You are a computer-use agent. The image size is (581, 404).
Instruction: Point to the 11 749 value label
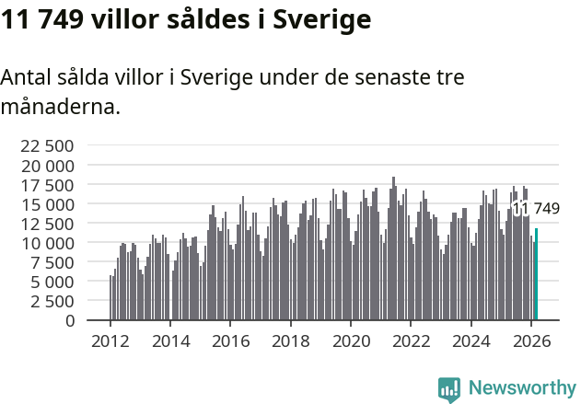pyautogui.click(x=537, y=209)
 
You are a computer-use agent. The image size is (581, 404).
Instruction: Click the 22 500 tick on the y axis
pyautogui.click(x=47, y=145)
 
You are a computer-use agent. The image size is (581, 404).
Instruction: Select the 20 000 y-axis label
pyautogui.click(x=47, y=166)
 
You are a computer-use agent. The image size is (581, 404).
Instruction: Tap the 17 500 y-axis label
pyautogui.click(x=47, y=185)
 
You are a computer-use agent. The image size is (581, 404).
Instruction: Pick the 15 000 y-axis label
pyautogui.click(x=47, y=204)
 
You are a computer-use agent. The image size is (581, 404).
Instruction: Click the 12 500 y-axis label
pyautogui.click(x=47, y=224)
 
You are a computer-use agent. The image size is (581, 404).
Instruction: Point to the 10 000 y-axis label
pyautogui.click(x=47, y=243)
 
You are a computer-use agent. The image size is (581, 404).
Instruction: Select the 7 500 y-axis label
pyautogui.click(x=52, y=262)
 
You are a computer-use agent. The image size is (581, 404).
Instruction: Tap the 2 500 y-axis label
pyautogui.click(x=52, y=301)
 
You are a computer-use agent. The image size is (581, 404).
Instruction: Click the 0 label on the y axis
pyautogui.click(x=70, y=320)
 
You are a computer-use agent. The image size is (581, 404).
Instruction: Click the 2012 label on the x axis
pyautogui.click(x=110, y=341)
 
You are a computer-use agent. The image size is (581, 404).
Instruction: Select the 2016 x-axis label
pyautogui.click(x=231, y=341)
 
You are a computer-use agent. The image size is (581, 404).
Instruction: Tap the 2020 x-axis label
pyautogui.click(x=351, y=341)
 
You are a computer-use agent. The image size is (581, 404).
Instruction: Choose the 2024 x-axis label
pyautogui.click(x=471, y=341)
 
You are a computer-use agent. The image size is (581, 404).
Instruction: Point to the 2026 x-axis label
pyautogui.click(x=531, y=341)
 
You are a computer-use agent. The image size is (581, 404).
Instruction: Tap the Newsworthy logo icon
pyautogui.click(x=449, y=389)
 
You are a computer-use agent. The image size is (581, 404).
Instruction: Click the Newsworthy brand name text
pyautogui.click(x=521, y=388)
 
